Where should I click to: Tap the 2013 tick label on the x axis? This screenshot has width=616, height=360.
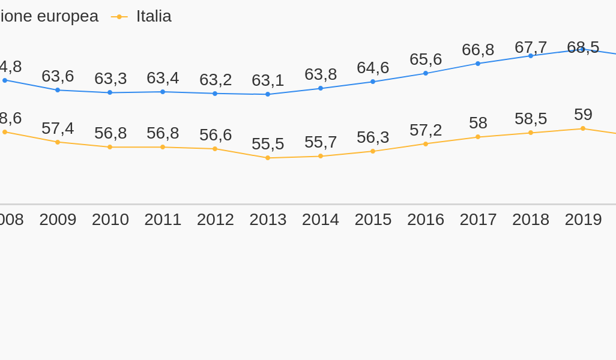click(268, 220)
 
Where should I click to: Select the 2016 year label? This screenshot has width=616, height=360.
click(426, 220)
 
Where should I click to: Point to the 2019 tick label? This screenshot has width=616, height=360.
click(583, 220)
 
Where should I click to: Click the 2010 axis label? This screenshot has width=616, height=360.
click(110, 220)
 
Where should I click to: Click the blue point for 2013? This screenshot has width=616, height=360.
click(268, 94)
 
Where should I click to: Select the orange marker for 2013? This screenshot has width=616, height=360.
click(268, 158)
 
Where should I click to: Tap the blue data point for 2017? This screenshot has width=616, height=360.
click(478, 64)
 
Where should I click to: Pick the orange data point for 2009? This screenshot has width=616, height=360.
click(58, 142)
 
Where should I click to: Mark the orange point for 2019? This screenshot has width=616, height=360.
click(583, 128)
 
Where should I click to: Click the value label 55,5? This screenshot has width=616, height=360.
click(268, 144)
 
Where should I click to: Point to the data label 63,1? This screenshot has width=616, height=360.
click(268, 80)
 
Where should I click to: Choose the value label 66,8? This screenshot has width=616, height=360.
click(478, 50)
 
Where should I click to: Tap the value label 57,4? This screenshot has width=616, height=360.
click(58, 128)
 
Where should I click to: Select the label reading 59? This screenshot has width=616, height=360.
click(583, 115)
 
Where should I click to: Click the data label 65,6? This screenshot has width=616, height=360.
click(426, 59)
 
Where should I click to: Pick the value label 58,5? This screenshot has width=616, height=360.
click(531, 119)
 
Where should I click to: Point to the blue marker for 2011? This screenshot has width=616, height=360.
click(163, 92)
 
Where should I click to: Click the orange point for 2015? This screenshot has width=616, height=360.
click(373, 151)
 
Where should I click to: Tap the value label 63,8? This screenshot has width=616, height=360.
click(321, 74)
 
